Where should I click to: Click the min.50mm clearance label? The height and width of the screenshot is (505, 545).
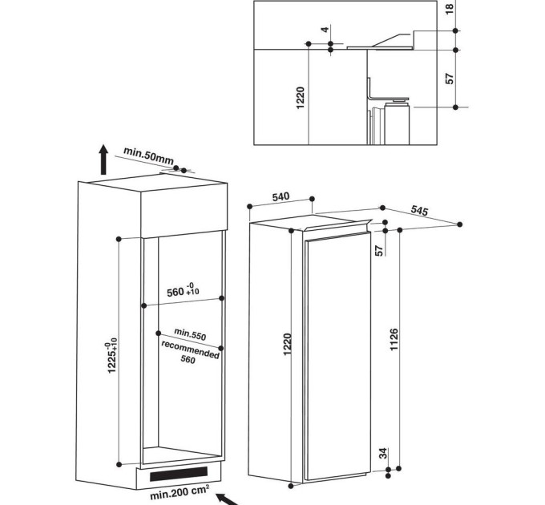point(149,157)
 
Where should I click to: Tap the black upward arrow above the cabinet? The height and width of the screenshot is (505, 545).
point(103,160)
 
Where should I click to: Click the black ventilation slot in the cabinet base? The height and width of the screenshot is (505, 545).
point(175,474)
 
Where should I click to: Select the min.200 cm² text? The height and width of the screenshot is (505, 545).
point(179,491)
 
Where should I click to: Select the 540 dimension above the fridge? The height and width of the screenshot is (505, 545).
point(281,197)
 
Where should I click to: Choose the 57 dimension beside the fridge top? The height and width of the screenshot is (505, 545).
point(380,249)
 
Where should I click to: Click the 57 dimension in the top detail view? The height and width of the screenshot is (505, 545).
point(449,78)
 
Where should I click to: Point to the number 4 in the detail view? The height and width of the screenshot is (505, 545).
point(325,30)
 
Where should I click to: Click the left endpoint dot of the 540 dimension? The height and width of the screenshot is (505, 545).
point(250,207)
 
